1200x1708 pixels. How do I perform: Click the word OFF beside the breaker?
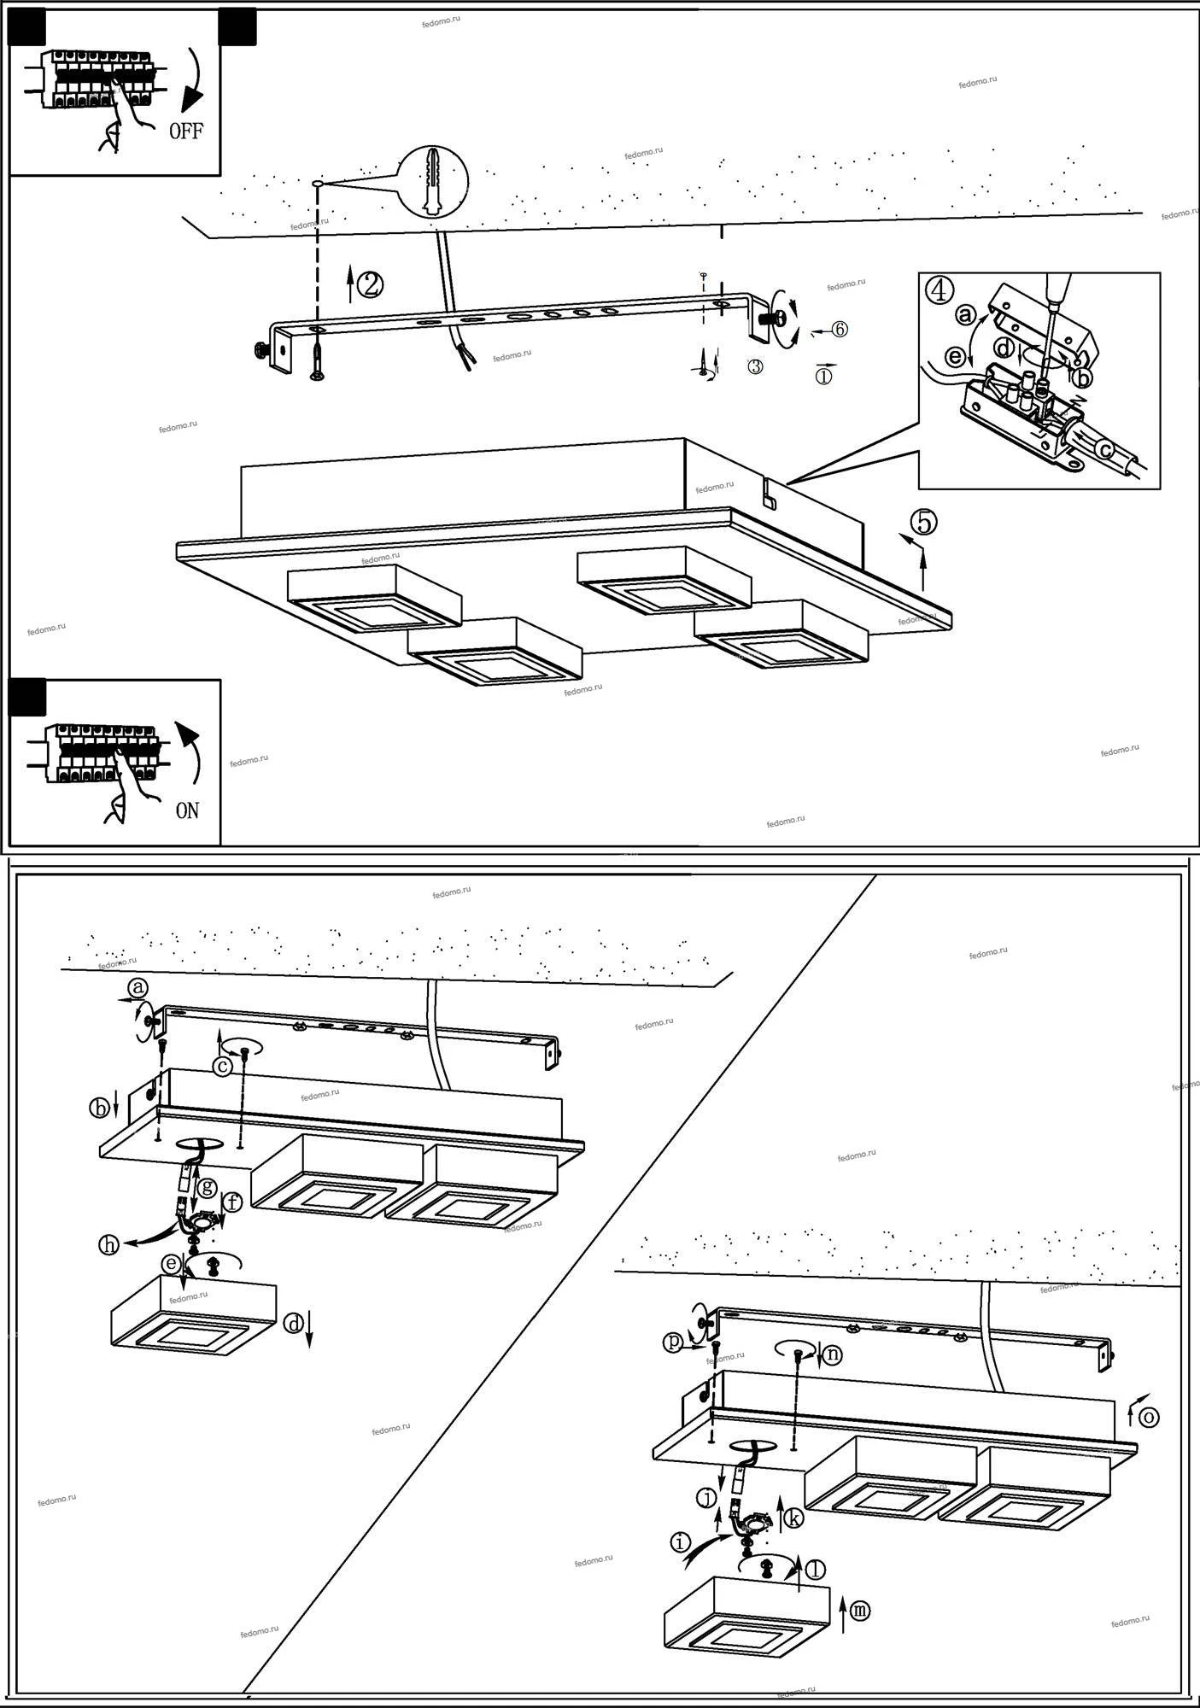[185, 132]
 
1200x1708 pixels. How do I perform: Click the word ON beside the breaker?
[187, 810]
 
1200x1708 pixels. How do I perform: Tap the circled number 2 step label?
[370, 284]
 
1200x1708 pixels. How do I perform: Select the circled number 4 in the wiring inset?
[939, 290]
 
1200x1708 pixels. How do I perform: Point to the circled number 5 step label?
[923, 521]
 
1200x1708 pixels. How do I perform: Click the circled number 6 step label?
[840, 329]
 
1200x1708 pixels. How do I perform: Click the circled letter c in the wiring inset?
[1105, 447]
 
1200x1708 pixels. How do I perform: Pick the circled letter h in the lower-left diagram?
[108, 1244]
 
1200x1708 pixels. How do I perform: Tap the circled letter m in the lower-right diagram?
[860, 1611]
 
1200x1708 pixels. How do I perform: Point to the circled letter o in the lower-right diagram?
[1149, 1418]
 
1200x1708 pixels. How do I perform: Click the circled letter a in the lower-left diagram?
[138, 988]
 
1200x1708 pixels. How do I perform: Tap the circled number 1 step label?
[823, 375]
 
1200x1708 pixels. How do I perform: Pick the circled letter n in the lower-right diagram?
[833, 1354]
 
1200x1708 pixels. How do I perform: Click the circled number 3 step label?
[755, 366]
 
